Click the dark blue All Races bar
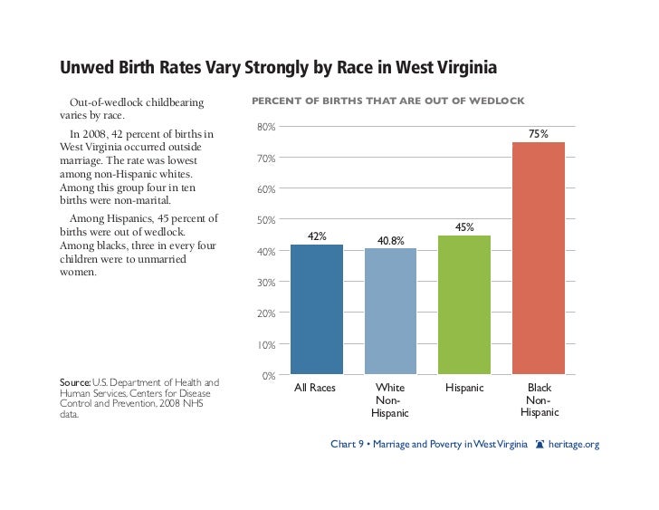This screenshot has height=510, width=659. click(x=317, y=309)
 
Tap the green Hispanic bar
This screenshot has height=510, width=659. click(x=464, y=304)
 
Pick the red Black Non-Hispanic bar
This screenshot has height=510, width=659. click(x=539, y=258)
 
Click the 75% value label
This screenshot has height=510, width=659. click(x=539, y=133)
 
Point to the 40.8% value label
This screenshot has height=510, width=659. click(x=390, y=240)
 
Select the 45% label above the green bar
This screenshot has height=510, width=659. click(x=464, y=227)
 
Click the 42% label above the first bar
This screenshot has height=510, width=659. click(x=317, y=236)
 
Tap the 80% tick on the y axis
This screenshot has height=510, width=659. click(x=266, y=127)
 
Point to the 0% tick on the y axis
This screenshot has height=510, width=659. click(x=269, y=375)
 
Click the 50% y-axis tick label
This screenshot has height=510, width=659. click(x=266, y=220)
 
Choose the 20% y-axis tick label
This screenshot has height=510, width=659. click(x=266, y=313)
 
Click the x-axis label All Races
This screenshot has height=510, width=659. click(x=316, y=388)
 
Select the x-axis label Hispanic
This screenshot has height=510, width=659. click(x=464, y=388)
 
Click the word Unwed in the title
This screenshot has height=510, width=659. click(x=87, y=69)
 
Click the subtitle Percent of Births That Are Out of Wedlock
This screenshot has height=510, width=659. click(x=387, y=100)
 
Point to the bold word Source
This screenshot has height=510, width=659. click(x=74, y=382)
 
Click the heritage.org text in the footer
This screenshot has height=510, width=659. click(x=574, y=445)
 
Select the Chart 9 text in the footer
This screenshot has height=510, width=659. click(x=348, y=445)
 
